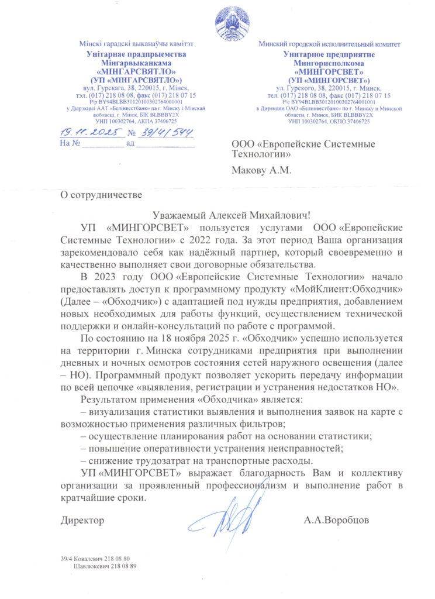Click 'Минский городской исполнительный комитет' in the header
coord(330,44)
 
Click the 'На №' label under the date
coord(70,143)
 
